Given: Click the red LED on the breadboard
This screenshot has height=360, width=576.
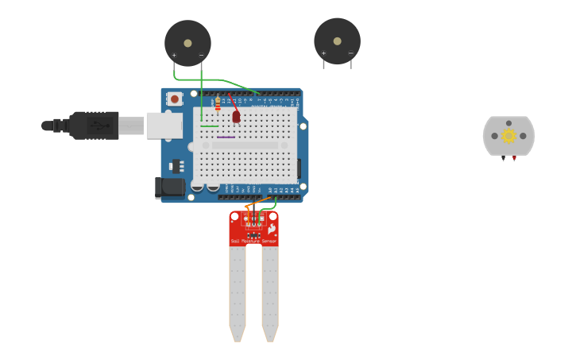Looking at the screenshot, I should pyautogui.click(x=236, y=116).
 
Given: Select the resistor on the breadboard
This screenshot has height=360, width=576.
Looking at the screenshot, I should pyautogui.click(x=218, y=103).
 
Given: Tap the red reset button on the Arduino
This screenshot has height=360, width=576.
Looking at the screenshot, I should pyautogui.click(x=174, y=99).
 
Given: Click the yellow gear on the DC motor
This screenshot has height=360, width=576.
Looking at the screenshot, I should pyautogui.click(x=508, y=136).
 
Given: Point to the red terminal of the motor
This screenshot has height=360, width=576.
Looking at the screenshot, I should pyautogui.click(x=514, y=158).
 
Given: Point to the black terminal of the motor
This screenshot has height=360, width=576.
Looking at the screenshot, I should pyautogui.click(x=503, y=158).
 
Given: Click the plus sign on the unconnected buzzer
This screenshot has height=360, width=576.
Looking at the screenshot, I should pyautogui.click(x=323, y=53).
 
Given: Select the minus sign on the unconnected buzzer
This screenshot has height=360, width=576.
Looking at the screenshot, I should pyautogui.click(x=350, y=53).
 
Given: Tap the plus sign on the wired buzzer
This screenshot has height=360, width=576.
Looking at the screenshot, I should pyautogui.click(x=174, y=55).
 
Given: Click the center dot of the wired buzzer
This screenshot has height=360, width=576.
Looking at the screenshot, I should pyautogui.click(x=187, y=43).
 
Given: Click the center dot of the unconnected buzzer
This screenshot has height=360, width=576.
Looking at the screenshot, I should pyautogui.click(x=337, y=41).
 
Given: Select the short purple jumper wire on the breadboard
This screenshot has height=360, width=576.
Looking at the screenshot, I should pyautogui.click(x=226, y=137).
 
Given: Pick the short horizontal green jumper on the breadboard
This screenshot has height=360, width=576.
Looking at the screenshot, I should pyautogui.click(x=210, y=126).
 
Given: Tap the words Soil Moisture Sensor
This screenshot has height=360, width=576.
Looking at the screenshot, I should pyautogui.click(x=253, y=241).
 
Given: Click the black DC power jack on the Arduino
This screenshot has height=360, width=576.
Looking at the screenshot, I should pyautogui.click(x=168, y=188).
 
